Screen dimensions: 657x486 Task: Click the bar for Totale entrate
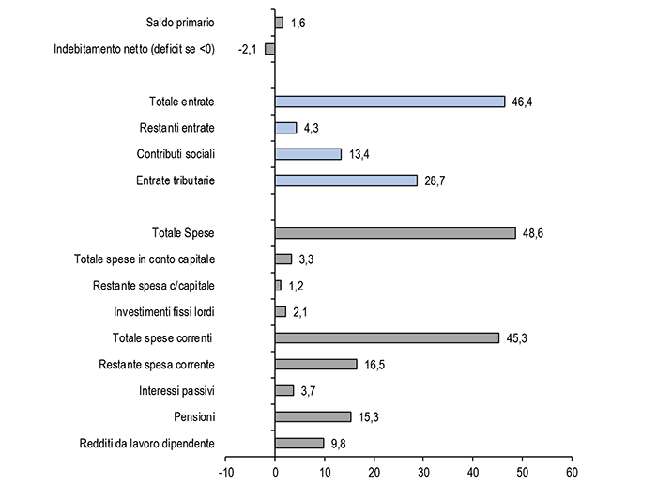390,102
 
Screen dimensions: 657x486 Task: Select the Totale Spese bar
395,233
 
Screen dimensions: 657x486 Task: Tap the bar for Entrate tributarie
346,180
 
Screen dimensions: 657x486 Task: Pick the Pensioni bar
313,416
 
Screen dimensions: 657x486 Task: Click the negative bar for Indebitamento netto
270,49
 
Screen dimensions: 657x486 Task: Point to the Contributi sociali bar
308,154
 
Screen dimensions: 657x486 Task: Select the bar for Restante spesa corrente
316,365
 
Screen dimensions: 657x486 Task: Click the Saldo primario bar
279,23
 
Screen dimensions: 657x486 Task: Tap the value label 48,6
533,233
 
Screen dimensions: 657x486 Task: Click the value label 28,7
435,180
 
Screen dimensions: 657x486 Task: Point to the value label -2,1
247,50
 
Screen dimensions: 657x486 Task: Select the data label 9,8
339,444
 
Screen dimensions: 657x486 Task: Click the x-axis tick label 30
423,473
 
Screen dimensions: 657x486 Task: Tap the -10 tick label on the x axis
226,473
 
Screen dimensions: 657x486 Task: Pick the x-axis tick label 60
572,473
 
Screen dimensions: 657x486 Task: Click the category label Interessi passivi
176,391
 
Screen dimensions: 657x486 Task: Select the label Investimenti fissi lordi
164,312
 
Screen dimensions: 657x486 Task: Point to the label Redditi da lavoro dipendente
147,443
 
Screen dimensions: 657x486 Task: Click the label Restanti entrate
176,128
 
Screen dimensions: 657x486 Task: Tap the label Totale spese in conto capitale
145,259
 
